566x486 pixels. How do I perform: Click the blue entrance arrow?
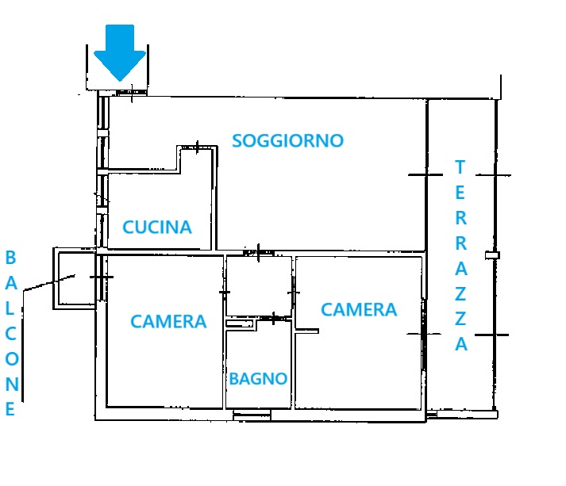(120, 52)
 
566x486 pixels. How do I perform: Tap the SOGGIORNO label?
(287, 140)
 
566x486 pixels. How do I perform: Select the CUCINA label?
(157, 227)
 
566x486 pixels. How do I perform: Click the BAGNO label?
(258, 378)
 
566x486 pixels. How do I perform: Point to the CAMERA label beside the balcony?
(168, 321)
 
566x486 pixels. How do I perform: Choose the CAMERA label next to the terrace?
(359, 310)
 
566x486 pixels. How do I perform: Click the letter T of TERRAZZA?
(460, 167)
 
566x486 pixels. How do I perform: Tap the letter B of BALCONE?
(11, 258)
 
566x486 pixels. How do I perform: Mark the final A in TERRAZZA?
(461, 344)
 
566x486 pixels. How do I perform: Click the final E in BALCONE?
(10, 409)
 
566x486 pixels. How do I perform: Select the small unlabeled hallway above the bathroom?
(259, 286)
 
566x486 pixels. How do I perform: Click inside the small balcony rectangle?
(76, 278)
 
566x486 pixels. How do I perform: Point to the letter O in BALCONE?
(12, 358)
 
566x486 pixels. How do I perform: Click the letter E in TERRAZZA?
(460, 193)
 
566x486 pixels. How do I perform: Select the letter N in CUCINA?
(170, 227)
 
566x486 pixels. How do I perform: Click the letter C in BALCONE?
(11, 334)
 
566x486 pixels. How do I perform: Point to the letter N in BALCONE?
(12, 384)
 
